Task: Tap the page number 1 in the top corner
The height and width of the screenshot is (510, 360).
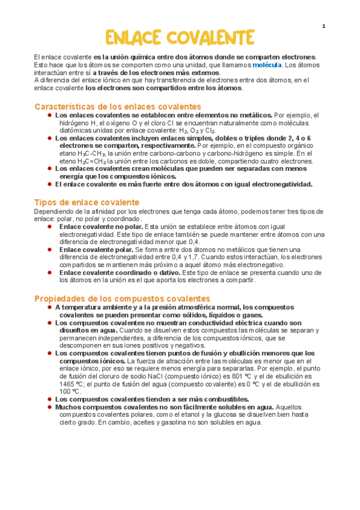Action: point(323,26)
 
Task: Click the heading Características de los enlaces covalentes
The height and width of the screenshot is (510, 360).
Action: point(118,106)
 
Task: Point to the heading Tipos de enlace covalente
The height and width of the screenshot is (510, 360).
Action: point(87,202)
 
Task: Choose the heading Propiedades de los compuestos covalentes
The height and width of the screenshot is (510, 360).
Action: point(122,298)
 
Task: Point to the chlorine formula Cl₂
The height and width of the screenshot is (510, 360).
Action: point(210,130)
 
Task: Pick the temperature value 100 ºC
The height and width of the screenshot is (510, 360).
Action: point(71,391)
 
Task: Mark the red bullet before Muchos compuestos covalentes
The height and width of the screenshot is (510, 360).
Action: point(49,407)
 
